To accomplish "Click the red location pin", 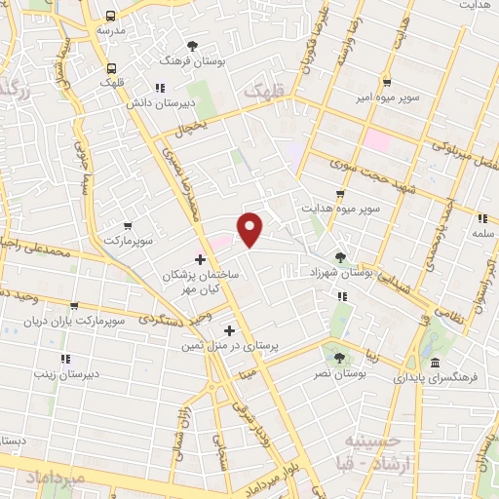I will tap(251, 230).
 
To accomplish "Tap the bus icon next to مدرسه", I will tap(111, 17).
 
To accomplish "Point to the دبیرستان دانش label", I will tap(192, 101).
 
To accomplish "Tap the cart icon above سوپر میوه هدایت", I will tap(339, 194).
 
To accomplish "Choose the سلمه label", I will tap(481, 233).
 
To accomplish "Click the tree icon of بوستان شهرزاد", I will tap(339, 257).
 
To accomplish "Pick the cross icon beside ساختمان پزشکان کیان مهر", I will tap(201, 259).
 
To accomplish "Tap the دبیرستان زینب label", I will tap(68, 373).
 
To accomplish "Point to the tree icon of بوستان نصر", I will tap(339, 358).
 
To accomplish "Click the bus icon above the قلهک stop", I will tap(111, 68).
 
